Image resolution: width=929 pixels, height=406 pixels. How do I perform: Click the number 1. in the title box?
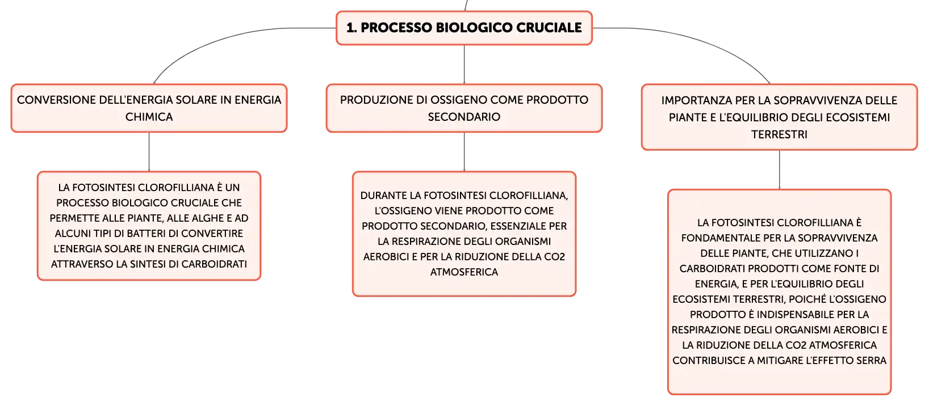pos(351,28)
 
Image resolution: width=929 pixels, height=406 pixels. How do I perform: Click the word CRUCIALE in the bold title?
pos(549,28)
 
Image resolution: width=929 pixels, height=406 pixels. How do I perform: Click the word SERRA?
pos(873,361)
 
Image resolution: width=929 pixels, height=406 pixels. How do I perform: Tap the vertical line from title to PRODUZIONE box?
pos(464,64)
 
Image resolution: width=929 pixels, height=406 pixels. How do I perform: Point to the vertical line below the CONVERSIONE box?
pos(149,151)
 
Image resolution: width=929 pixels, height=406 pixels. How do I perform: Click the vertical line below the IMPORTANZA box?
pos(779,170)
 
